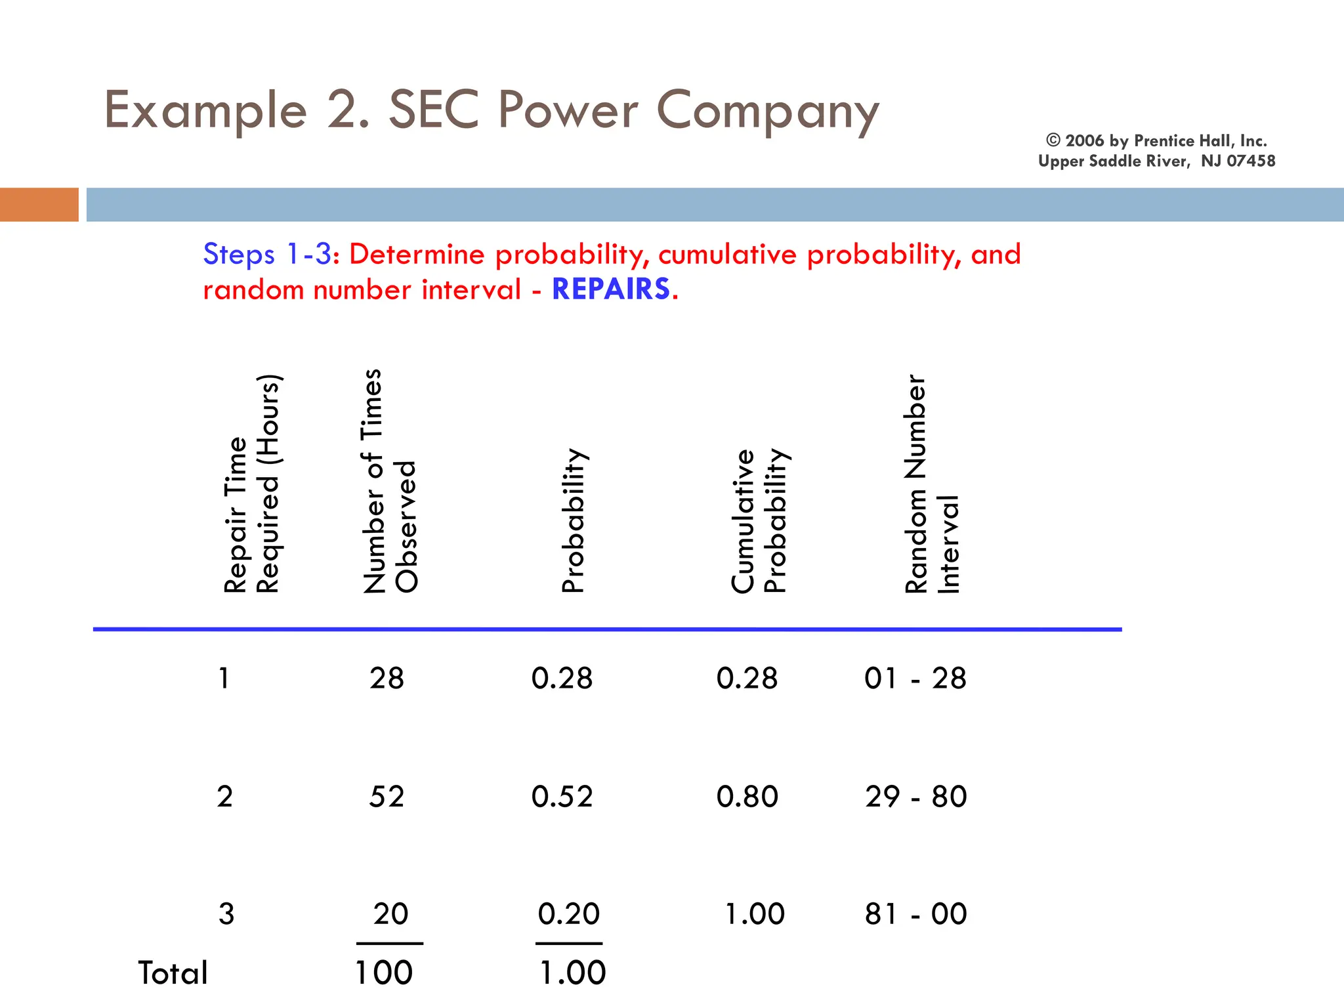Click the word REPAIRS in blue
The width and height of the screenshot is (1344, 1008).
pos(611,289)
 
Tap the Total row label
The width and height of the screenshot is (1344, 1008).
pos(173,973)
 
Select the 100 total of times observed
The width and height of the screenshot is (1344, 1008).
pos(384,973)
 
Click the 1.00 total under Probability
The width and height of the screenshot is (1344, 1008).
pos(572,973)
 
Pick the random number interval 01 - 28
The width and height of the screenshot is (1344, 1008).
pos(915,679)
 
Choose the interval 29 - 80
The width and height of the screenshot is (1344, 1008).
pos(915,797)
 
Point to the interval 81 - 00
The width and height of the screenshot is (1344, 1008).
pos(915,914)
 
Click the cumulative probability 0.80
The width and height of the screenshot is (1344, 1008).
pos(747,797)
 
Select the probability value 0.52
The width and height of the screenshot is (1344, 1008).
pos(562,797)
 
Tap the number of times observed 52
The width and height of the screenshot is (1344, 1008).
pos(387,797)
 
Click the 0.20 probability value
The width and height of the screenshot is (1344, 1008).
pos(568,914)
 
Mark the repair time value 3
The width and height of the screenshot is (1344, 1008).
pos(226,914)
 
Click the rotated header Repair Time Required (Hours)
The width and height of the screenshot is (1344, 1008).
pos(252,484)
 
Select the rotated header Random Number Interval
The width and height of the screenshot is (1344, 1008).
pos(932,484)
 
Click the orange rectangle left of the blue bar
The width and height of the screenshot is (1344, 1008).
pos(39,205)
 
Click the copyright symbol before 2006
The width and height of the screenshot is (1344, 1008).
pos(1053,140)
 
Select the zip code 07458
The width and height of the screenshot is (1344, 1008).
pos(1251,161)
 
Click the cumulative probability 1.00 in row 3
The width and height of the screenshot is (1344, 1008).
pos(754,914)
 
